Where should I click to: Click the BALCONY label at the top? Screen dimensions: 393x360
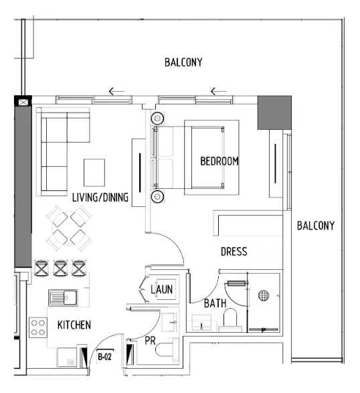(x=183, y=62)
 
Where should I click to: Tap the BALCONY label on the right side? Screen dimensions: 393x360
(x=316, y=226)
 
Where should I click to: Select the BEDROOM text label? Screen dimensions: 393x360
(x=219, y=161)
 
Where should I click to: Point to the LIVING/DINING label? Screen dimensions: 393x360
(x=100, y=197)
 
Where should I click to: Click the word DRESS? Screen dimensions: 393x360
(x=234, y=252)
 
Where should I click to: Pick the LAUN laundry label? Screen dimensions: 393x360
(x=161, y=289)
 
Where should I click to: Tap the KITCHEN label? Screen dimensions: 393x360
(x=74, y=325)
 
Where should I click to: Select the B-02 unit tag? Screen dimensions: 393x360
(x=105, y=356)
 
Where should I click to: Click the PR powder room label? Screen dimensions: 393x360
(x=151, y=341)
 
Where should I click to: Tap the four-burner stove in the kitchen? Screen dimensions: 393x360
(x=38, y=327)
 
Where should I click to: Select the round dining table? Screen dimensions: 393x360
(x=69, y=227)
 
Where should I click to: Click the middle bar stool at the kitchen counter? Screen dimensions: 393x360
(x=61, y=268)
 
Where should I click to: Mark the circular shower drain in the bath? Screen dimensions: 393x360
(x=264, y=295)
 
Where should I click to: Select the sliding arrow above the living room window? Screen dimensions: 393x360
(x=116, y=92)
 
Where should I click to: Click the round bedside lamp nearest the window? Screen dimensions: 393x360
(x=157, y=118)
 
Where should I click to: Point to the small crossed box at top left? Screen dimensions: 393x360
(x=24, y=102)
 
